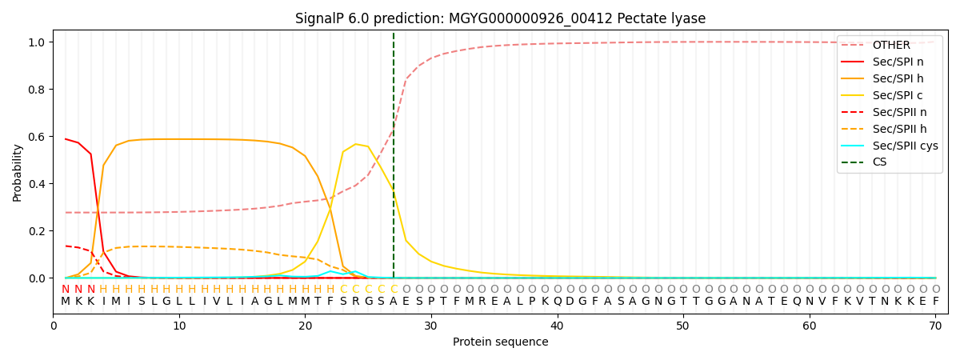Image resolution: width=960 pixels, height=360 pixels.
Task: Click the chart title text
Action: pyautogui.click(x=500, y=18)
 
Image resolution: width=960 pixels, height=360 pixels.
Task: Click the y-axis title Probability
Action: pyautogui.click(x=17, y=172)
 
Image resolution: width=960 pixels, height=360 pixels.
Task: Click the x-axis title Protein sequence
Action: pyautogui.click(x=500, y=342)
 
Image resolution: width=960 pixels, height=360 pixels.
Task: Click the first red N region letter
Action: pyautogui.click(x=66, y=290)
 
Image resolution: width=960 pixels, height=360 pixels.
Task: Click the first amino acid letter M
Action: pyautogui.click(x=66, y=302)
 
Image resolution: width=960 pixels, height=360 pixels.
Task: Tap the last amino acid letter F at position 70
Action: pyautogui.click(x=935, y=302)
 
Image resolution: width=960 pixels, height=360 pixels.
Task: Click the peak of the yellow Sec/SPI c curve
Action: pyautogui.click(x=356, y=144)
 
